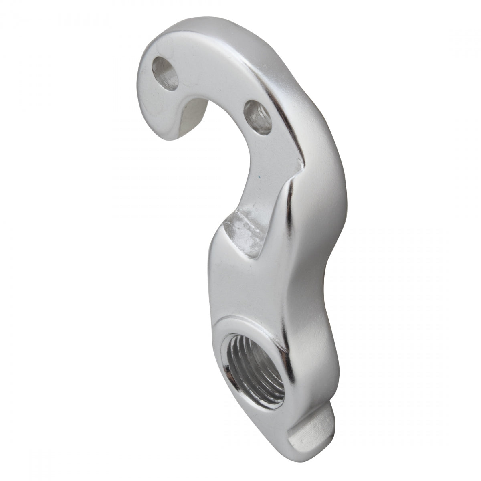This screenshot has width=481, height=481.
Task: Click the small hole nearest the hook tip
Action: tap(166, 72)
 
